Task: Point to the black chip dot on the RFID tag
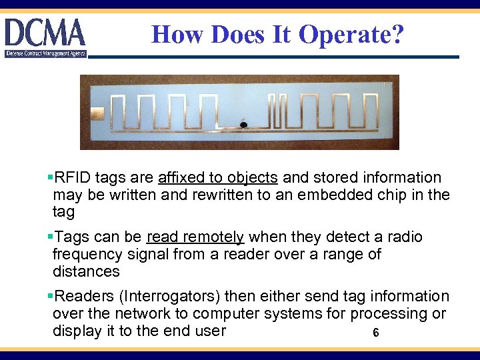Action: [x=244, y=125]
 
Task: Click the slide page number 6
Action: [x=376, y=333]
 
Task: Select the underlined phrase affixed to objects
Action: [x=218, y=178]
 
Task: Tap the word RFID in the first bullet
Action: [x=73, y=178]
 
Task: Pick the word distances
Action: [x=86, y=271]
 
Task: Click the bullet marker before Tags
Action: [x=51, y=237]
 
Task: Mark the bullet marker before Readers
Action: [x=51, y=296]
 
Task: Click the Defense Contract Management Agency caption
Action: [x=45, y=53]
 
